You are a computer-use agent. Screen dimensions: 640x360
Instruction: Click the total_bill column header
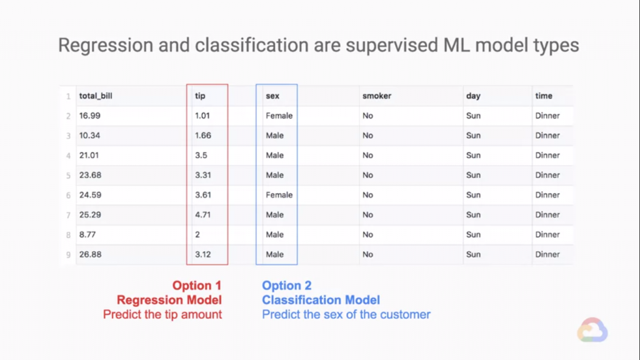(96, 96)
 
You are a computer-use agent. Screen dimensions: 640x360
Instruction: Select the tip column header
(200, 96)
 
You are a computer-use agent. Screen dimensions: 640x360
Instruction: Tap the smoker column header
(377, 96)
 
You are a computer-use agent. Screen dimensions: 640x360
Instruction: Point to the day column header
(473, 96)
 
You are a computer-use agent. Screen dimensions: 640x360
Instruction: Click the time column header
(544, 96)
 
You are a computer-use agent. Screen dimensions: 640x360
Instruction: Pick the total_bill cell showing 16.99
(89, 116)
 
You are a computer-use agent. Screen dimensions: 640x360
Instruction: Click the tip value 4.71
(202, 215)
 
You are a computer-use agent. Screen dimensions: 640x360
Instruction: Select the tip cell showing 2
(197, 235)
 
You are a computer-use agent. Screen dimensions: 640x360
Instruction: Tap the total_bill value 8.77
(87, 235)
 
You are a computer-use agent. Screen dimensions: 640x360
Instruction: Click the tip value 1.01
(202, 116)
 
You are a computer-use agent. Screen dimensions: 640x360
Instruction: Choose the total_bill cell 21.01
(89, 156)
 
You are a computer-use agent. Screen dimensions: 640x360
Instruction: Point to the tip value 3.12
(203, 255)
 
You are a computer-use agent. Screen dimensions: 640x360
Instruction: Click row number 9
(68, 255)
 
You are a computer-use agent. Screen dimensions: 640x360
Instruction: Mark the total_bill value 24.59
(90, 195)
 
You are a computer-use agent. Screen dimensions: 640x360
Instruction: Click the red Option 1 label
(197, 285)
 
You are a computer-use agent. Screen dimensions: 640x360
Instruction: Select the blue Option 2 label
(286, 285)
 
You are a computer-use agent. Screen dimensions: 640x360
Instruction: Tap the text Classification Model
(321, 300)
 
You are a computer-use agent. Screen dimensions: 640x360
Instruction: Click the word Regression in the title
(106, 45)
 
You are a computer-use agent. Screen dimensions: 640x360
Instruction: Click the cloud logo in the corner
(592, 330)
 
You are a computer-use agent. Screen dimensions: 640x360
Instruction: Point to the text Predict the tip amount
(162, 314)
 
